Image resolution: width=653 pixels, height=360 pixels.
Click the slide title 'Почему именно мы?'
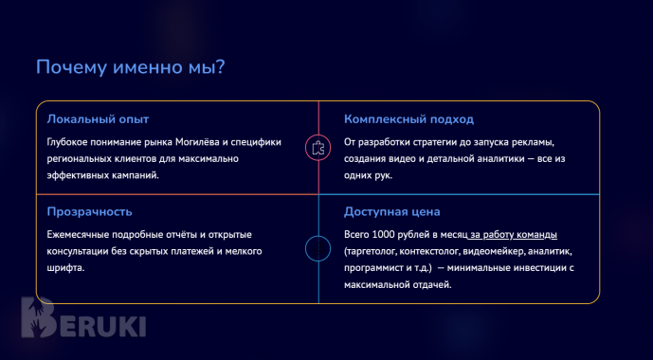(x=131, y=68)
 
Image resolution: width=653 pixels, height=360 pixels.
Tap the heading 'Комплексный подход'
(x=408, y=119)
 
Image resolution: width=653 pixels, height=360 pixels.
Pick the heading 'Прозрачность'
(x=89, y=210)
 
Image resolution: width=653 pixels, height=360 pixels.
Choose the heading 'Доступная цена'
(x=391, y=210)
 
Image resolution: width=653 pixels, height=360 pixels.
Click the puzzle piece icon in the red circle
(x=317, y=147)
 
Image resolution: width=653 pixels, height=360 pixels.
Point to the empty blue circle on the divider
(x=317, y=249)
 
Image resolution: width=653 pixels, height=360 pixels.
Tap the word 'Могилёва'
(x=202, y=142)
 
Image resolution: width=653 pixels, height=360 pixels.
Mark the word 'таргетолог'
(x=373, y=251)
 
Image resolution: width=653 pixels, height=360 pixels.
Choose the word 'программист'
(x=373, y=268)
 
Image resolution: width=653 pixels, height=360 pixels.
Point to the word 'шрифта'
(x=63, y=268)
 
